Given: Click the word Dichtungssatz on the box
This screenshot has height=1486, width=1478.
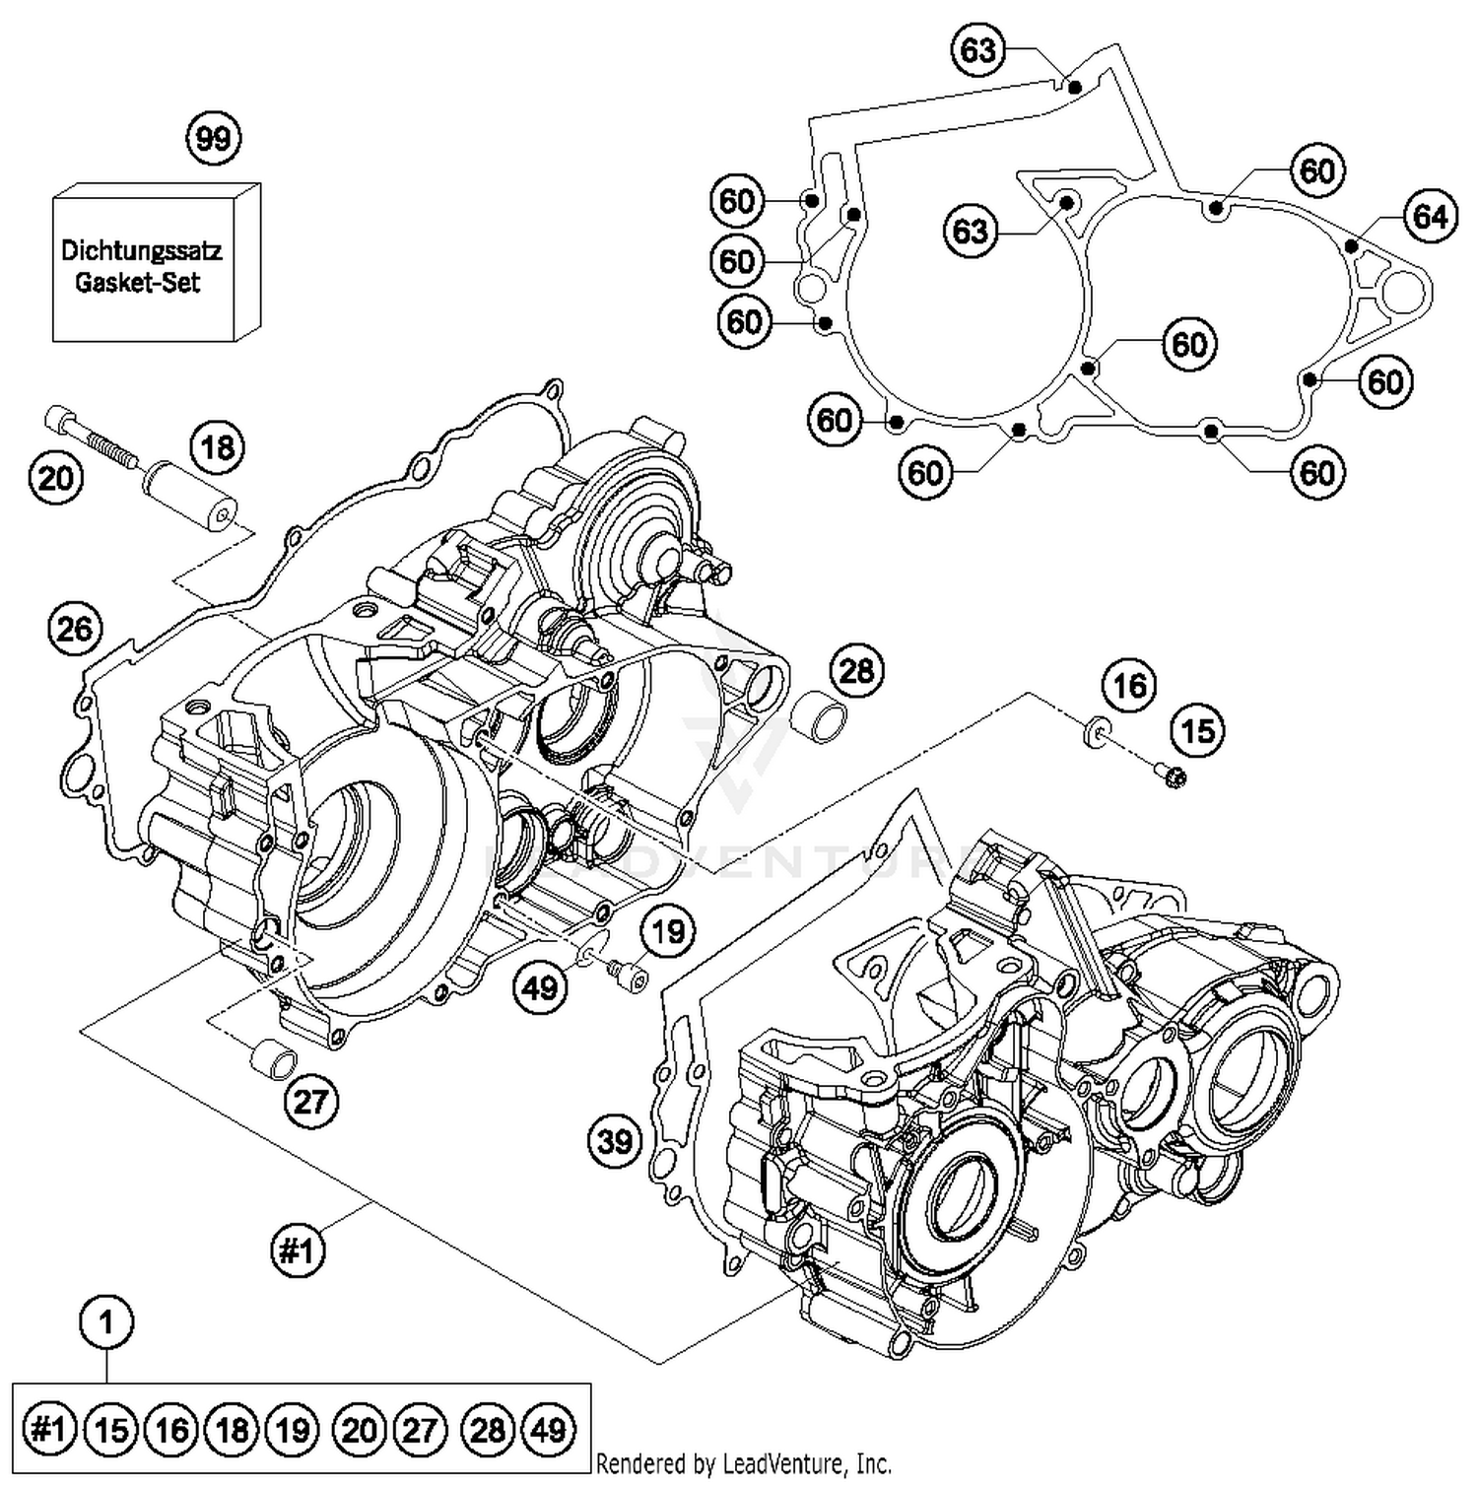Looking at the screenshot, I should pos(141,250).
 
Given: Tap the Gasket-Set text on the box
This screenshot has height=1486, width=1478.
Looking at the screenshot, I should pos(138,283).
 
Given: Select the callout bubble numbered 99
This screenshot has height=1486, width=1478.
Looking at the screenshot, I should pos(214,139).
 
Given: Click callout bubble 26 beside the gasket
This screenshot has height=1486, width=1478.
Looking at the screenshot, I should pos(75,629).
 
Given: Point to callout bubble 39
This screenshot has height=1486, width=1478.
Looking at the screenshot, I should pos(615,1141).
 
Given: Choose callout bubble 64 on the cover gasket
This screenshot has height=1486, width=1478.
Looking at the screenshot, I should pos(1430,216).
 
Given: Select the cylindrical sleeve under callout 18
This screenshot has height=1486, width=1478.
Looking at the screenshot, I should pos(191,497).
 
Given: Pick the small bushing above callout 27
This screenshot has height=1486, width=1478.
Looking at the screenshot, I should pos(273,1062).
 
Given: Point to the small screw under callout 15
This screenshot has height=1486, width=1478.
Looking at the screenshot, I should pos(1173,777).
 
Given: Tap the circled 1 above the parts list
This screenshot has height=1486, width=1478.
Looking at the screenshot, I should pos(106,1321).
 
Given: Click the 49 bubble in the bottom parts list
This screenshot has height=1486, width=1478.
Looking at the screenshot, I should pos(549,1429).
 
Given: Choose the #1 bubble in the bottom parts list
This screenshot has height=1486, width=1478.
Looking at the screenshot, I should pos(49,1429).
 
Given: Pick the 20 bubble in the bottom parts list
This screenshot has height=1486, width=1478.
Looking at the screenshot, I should pos(359,1429).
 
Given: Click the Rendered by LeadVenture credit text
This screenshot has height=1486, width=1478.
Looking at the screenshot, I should pos(743,1464).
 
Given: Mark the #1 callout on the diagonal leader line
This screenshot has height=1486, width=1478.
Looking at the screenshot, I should pos(297,1250).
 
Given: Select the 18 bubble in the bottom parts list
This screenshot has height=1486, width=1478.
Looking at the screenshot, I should pos(233,1429).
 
